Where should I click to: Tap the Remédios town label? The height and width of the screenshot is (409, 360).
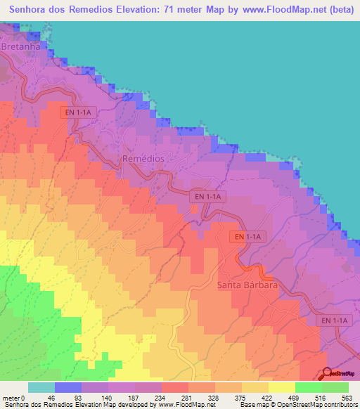tap(143, 159)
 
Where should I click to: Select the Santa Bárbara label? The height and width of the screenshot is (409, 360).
tap(247, 286)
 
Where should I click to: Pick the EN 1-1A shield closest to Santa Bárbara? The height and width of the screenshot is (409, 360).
tap(247, 238)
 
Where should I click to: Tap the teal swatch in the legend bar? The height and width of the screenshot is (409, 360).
tap(41, 387)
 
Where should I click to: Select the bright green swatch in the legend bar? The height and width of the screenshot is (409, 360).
tap(308, 387)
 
